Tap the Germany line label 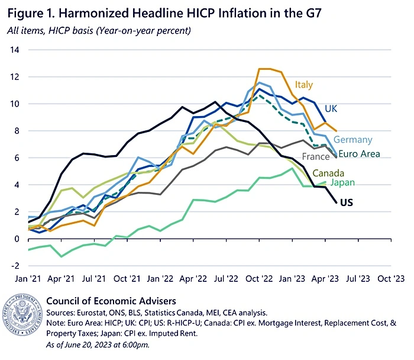pyautogui.click(x=352, y=140)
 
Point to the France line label pyautogui.click(x=315, y=157)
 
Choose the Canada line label pyautogui.click(x=328, y=173)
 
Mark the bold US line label pyautogui.click(x=347, y=202)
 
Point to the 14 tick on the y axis pyautogui.click(x=14, y=50)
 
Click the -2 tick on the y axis pyautogui.click(x=14, y=266)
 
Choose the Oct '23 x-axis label pyautogui.click(x=391, y=277)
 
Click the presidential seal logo pyautogui.click(x=22, y=318)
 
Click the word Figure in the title pyautogui.click(x=24, y=11)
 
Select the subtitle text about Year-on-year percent pyautogui.click(x=103, y=30)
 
